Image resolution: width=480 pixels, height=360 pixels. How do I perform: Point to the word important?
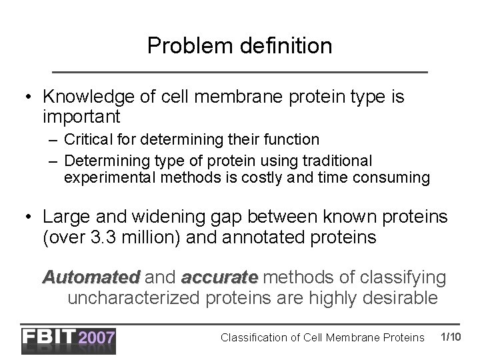[x=81, y=118]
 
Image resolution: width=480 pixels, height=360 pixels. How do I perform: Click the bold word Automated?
[x=91, y=277]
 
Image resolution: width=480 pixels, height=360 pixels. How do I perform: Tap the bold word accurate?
[x=219, y=277]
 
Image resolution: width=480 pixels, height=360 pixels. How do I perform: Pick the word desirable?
[x=399, y=297]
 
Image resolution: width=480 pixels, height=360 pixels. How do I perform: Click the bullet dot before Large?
[x=28, y=217]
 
